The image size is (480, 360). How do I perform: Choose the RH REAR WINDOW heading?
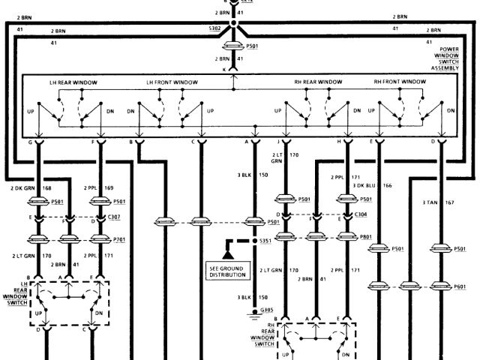pos(319,82)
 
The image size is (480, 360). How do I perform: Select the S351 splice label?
pos(265,242)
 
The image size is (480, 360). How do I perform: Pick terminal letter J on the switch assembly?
pos(279,141)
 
